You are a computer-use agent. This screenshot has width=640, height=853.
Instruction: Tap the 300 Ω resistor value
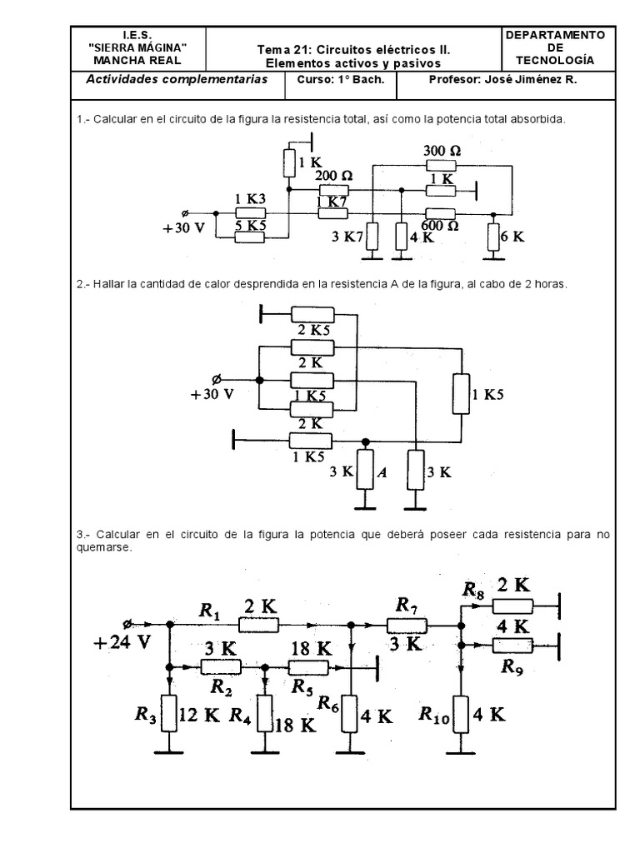[x=441, y=151]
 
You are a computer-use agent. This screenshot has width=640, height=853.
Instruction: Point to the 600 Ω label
[x=441, y=227]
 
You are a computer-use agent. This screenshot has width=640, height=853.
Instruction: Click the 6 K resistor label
[x=512, y=236]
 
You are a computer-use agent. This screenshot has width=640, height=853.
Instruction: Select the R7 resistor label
[x=407, y=603]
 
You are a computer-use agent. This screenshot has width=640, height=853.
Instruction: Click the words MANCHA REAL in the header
[x=137, y=61]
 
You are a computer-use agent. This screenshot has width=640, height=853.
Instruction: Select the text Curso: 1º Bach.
[x=335, y=80]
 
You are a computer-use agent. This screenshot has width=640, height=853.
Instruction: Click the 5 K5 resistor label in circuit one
[x=249, y=226]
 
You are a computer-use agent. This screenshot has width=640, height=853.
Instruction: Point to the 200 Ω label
[x=333, y=176]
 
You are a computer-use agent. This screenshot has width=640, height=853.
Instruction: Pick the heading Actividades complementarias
[x=177, y=80]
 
